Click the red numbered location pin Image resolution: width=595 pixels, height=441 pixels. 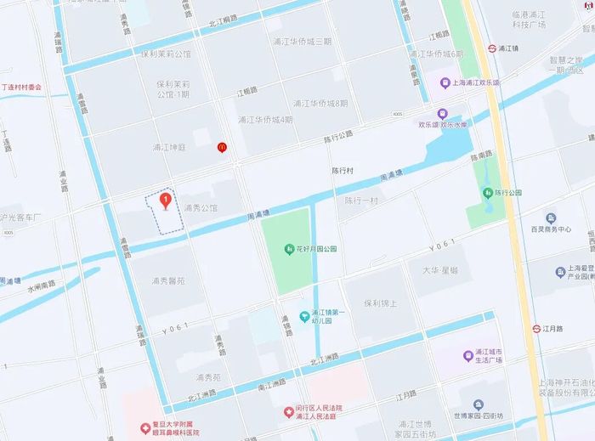tap(165, 201)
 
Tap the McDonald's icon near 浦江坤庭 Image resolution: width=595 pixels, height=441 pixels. tap(222, 146)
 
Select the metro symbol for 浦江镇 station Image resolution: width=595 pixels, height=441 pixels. tap(493, 48)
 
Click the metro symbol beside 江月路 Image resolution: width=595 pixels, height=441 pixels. tap(537, 328)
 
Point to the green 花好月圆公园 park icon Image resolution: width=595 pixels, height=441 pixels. tap(290, 249)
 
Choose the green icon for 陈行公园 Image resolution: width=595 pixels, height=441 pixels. tap(488, 193)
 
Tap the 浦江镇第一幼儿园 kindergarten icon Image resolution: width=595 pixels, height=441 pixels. tap(304, 317)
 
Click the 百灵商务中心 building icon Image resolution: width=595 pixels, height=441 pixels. tap(551, 218)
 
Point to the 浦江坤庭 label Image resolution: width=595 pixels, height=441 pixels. tap(168, 147)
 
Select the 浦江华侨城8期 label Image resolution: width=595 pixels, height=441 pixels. tap(320, 103)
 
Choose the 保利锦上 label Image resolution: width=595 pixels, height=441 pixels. tap(380, 302)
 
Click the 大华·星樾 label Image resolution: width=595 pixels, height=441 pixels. tap(439, 270)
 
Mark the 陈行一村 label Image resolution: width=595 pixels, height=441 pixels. tap(361, 201)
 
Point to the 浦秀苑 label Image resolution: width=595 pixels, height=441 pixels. tap(208, 377)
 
